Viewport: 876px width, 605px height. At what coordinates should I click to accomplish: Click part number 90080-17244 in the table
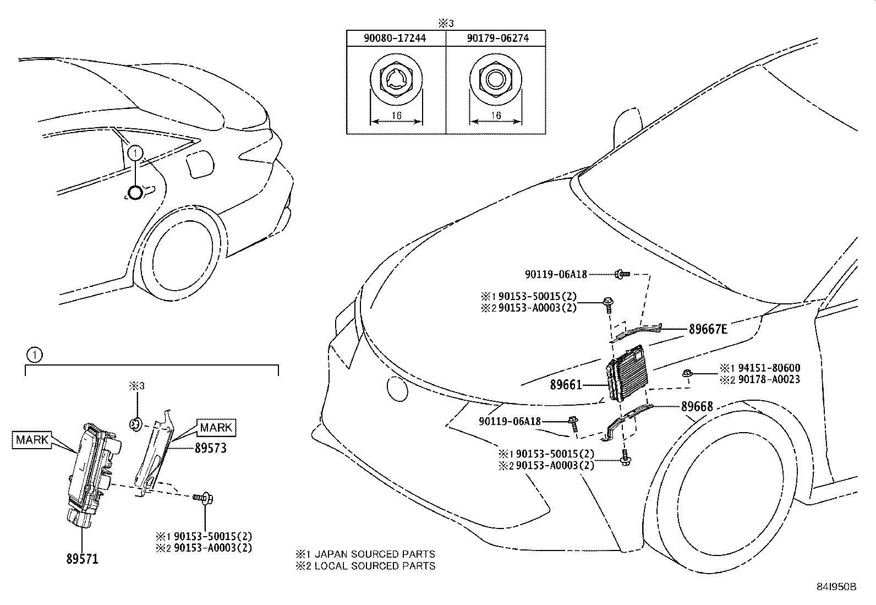coord(396,39)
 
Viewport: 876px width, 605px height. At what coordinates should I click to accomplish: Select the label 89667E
coord(708,329)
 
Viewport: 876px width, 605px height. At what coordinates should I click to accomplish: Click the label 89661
coord(566,385)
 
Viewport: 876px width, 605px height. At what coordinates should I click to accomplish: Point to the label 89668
coord(697,407)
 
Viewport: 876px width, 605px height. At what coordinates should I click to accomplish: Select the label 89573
coord(211,449)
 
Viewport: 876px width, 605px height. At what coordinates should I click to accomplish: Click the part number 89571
coord(82,559)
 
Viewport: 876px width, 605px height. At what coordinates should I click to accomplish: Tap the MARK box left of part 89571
coord(32,440)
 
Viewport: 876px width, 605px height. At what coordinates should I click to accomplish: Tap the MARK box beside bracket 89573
coord(216,427)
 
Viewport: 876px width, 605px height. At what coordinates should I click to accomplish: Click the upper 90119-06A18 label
coord(556,274)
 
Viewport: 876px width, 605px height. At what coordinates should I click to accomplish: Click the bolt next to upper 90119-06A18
coord(622,273)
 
